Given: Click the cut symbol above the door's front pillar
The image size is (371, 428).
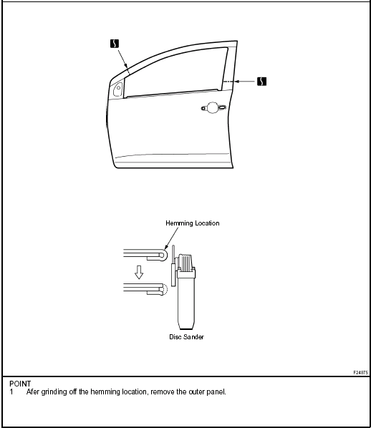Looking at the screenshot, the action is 115,44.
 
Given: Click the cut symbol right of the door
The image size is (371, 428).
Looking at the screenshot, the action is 261,82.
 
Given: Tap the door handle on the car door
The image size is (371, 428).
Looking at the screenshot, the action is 213,107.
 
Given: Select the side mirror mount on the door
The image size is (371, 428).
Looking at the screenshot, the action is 118,89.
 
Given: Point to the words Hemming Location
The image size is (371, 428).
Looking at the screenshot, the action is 193,223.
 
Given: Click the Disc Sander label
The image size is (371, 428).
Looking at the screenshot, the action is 187,337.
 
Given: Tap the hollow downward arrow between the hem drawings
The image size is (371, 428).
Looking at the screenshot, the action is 139,272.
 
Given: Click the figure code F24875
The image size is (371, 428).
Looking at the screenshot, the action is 361,372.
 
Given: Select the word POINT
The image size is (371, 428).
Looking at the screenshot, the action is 20,384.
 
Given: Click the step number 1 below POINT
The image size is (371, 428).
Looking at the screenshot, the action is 11,392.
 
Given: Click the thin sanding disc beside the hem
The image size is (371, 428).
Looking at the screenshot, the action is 173,266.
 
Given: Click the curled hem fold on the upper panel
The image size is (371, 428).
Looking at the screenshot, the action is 163,255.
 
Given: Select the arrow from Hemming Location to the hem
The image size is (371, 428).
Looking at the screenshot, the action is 171,238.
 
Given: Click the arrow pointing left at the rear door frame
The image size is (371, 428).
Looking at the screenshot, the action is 245,82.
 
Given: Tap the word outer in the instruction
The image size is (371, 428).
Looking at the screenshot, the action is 196,392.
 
